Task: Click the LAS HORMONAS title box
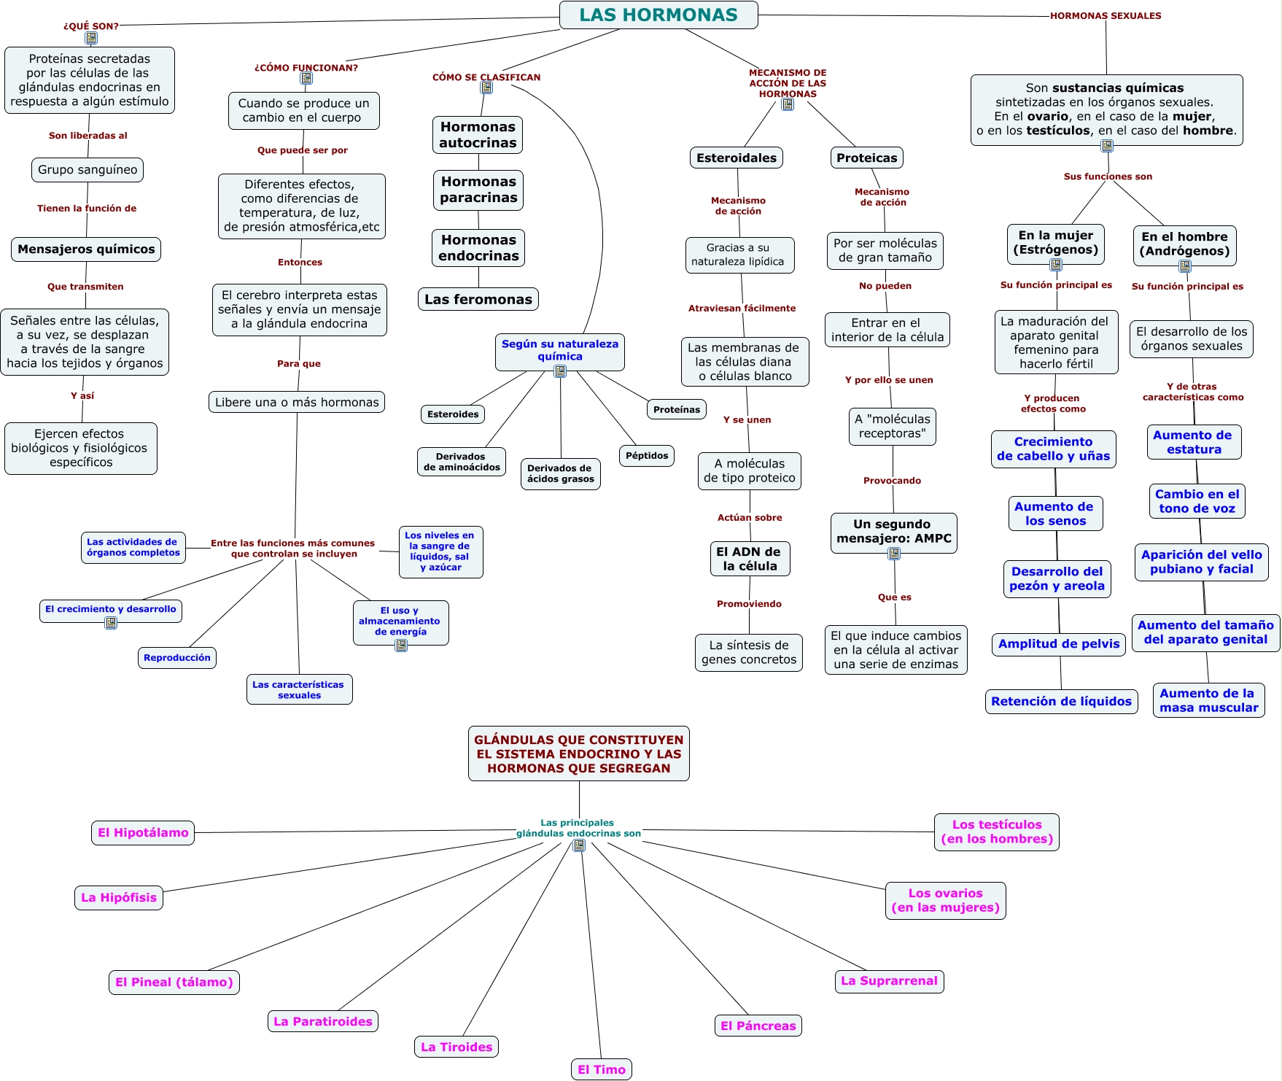[x=659, y=15]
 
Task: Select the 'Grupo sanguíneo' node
[x=88, y=170]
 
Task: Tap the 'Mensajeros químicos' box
[x=86, y=249]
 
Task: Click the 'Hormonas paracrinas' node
[x=478, y=190]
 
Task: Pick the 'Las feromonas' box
[x=478, y=299]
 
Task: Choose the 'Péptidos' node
[x=647, y=456]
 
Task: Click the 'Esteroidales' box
[x=737, y=158]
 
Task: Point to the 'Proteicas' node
[x=866, y=158]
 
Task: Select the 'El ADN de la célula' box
[x=748, y=559]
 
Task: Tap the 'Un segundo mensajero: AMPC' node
[x=893, y=532]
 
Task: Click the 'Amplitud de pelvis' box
[x=1058, y=644]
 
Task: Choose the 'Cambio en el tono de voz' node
[x=1197, y=501]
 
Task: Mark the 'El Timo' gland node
[x=602, y=1069]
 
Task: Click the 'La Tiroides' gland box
[x=457, y=1047]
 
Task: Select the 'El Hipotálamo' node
[x=143, y=833]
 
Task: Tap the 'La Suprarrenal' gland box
[x=889, y=981]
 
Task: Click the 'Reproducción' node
[x=177, y=658]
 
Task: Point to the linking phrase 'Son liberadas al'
[x=88, y=136]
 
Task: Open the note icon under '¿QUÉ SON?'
[x=91, y=38]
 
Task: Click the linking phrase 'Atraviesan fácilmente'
[x=742, y=309]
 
